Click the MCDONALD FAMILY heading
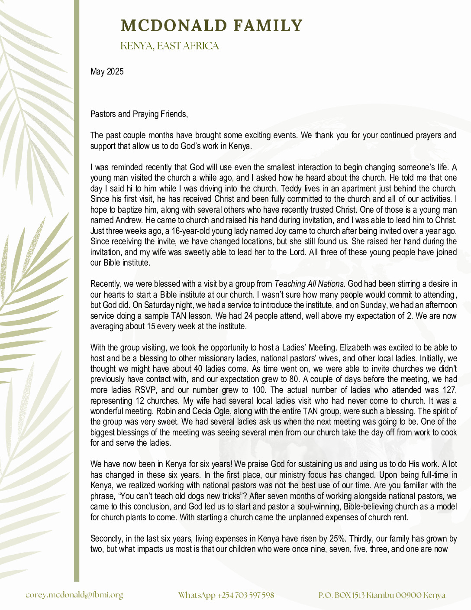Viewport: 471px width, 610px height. click(211, 26)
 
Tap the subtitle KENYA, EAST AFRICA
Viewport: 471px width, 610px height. click(170, 46)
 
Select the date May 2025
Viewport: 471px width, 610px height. click(107, 71)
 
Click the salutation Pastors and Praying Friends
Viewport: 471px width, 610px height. click(139, 114)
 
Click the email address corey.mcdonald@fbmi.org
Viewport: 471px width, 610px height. click(74, 595)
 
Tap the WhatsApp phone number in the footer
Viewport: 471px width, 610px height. click(226, 595)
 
